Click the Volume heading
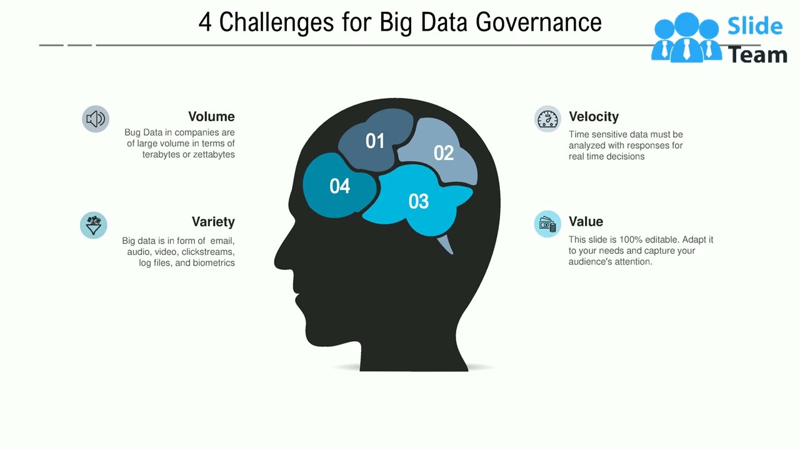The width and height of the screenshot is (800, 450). click(211, 117)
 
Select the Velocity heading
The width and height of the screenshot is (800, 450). click(594, 117)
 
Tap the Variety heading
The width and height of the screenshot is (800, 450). click(213, 222)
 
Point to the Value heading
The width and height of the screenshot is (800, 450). click(586, 222)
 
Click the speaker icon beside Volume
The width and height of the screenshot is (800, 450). click(96, 119)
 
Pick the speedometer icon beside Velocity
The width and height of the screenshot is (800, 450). click(547, 119)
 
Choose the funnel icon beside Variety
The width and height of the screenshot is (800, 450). click(94, 225)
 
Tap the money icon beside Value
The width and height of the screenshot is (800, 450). click(547, 224)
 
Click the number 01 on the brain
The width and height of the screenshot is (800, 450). click(375, 141)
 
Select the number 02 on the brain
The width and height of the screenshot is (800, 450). click(443, 153)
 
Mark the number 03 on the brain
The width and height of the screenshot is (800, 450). click(419, 201)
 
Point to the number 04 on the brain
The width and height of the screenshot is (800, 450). click(340, 186)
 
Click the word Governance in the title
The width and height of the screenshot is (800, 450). click(538, 23)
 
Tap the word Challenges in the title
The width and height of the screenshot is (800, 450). click(276, 23)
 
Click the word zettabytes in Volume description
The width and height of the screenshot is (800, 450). click(214, 155)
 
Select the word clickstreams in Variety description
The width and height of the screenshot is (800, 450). click(208, 252)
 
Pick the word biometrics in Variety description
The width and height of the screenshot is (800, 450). click(214, 263)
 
